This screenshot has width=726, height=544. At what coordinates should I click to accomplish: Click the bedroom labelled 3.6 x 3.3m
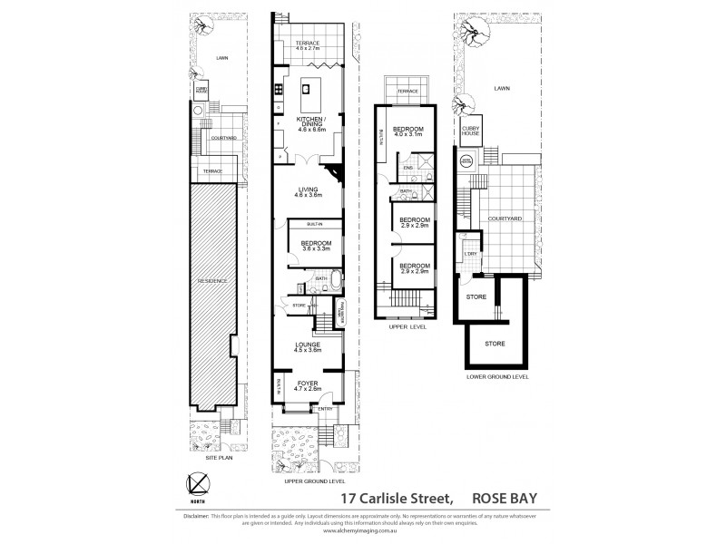pos(317,246)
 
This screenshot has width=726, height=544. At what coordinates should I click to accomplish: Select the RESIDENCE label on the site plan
pos(214,280)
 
